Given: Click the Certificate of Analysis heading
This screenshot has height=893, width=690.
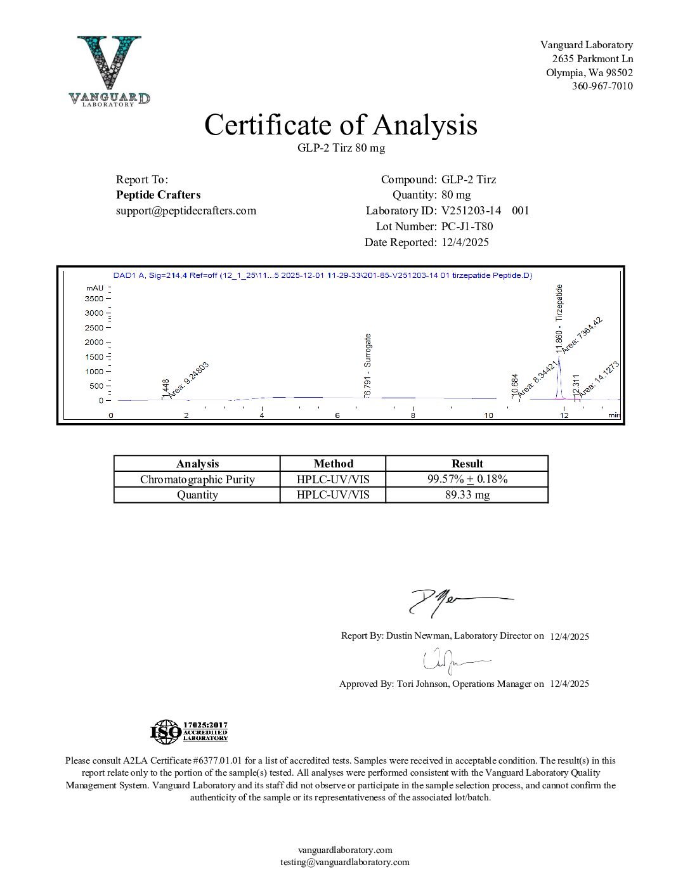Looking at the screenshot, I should pyautogui.click(x=341, y=125).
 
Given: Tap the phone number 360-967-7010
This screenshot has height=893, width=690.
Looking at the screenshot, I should pyautogui.click(x=602, y=86).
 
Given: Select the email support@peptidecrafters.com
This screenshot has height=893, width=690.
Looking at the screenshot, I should pyautogui.click(x=186, y=211).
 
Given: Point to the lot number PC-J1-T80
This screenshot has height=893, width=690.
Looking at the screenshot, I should pyautogui.click(x=467, y=226).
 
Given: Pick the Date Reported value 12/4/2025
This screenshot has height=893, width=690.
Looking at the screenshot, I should pyautogui.click(x=465, y=242).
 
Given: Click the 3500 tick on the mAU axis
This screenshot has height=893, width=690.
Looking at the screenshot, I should pyautogui.click(x=93, y=298).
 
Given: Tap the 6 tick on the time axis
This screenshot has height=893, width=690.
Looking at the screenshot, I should pyautogui.click(x=337, y=415).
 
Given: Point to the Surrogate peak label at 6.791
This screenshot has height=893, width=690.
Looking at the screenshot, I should pyautogui.click(x=368, y=366).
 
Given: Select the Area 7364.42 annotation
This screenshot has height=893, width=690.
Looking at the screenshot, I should pyautogui.click(x=582, y=333).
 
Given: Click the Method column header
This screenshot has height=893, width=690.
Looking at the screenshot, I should pyautogui.click(x=333, y=464).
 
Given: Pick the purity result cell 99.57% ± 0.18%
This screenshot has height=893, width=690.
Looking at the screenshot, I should pyautogui.click(x=467, y=479).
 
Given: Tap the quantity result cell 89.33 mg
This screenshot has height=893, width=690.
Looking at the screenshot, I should pyautogui.click(x=467, y=495).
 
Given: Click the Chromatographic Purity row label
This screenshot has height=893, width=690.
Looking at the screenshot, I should pyautogui.click(x=197, y=479).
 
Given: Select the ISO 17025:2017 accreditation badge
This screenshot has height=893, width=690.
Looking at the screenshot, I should pyautogui.click(x=189, y=732).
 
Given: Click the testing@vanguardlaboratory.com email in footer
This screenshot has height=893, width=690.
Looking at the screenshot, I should pyautogui.click(x=345, y=862).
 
